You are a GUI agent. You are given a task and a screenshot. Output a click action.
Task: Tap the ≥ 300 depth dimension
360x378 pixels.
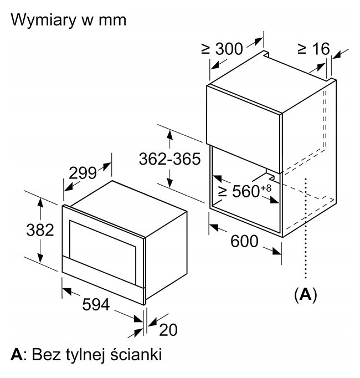tap(222, 49)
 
